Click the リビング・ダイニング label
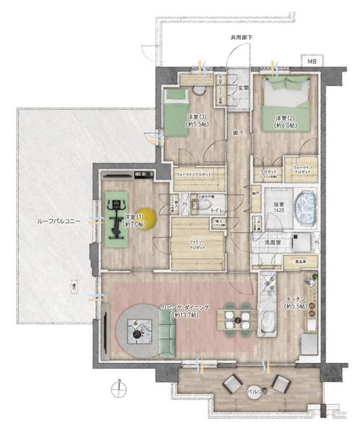click(x=186, y=311)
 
